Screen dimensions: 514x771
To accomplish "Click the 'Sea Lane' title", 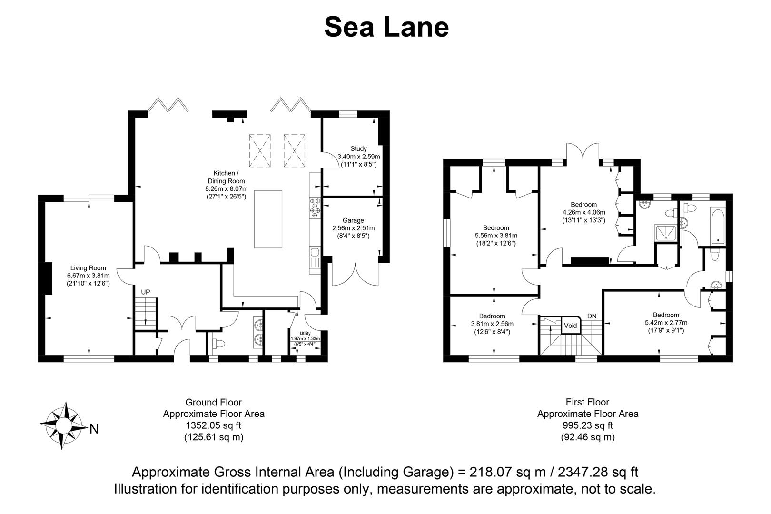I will (x=386, y=27).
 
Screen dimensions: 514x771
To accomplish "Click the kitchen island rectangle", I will (x=268, y=219).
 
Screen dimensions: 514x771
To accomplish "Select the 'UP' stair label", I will (x=145, y=292).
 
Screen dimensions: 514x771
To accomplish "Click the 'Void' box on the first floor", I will (x=570, y=326).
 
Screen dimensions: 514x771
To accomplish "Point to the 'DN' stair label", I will (x=592, y=316).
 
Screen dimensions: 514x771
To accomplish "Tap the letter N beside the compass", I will (x=94, y=429).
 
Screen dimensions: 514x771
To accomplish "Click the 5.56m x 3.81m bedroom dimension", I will (x=496, y=236).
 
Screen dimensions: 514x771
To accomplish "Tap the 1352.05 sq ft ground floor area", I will (x=213, y=425).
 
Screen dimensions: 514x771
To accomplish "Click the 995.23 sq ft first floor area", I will (x=588, y=425).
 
